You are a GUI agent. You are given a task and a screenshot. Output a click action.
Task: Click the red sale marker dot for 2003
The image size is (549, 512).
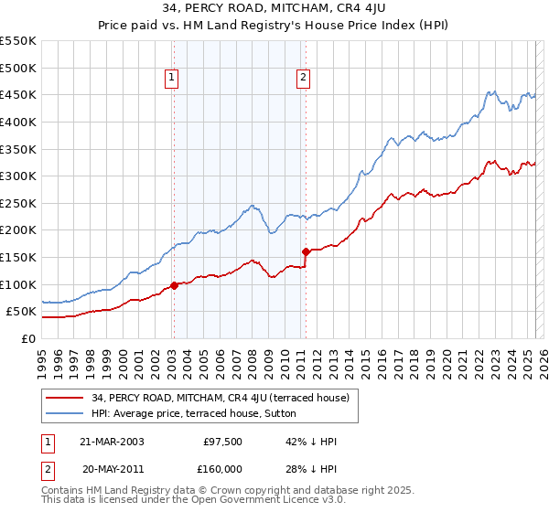pyautogui.click(x=174, y=285)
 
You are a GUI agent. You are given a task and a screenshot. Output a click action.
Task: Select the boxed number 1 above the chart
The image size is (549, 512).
pyautogui.click(x=172, y=79)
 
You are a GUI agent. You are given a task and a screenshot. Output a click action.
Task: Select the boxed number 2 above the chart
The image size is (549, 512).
pyautogui.click(x=303, y=79)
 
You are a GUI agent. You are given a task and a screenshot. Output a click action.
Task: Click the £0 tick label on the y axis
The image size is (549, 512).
pyautogui.click(x=29, y=338)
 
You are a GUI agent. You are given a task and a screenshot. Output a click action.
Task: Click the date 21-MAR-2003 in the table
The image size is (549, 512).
pyautogui.click(x=113, y=442)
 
